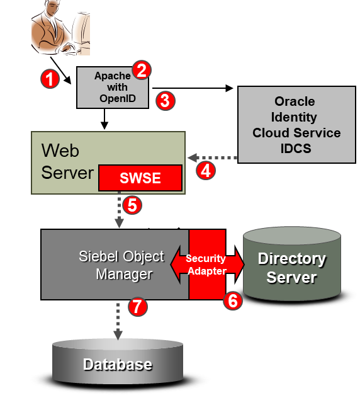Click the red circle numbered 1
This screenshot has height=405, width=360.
coord(50,79)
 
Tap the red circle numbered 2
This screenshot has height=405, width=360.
coord(142,70)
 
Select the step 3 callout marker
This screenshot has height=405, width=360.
coord(166,101)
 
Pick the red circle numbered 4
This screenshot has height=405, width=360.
coord(206,171)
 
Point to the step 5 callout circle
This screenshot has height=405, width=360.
coord(132,205)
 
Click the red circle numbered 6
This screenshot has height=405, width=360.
coord(233,300)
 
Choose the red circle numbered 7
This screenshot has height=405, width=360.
coord(138,307)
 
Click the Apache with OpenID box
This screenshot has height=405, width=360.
coord(113,88)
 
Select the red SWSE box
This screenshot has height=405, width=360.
coord(140,178)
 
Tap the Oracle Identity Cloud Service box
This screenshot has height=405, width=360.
coord(296,125)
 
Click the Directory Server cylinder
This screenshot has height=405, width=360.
coord(292,264)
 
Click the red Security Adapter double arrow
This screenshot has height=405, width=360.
coord(207,265)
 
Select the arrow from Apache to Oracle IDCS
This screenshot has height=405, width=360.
coord(193,88)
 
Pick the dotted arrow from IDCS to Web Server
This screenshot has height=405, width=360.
coord(212,157)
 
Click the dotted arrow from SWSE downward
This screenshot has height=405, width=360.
coord(119,210)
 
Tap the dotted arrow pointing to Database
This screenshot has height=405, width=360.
coord(118,321)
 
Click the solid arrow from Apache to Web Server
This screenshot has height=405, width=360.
coord(104,119)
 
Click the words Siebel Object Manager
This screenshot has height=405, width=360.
coord(121,265)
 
